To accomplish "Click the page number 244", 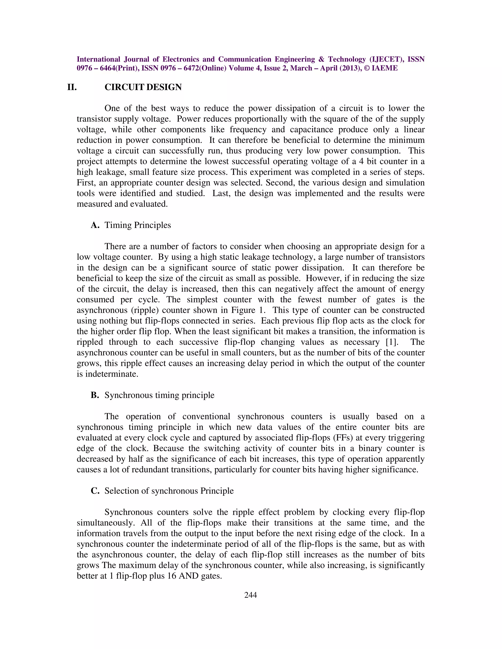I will (x=251, y=595).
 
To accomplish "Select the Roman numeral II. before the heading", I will (x=72, y=87).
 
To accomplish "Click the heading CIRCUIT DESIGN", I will (x=143, y=87).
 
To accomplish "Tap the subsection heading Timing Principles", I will (x=138, y=225).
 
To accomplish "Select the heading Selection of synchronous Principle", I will (x=169, y=491).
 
